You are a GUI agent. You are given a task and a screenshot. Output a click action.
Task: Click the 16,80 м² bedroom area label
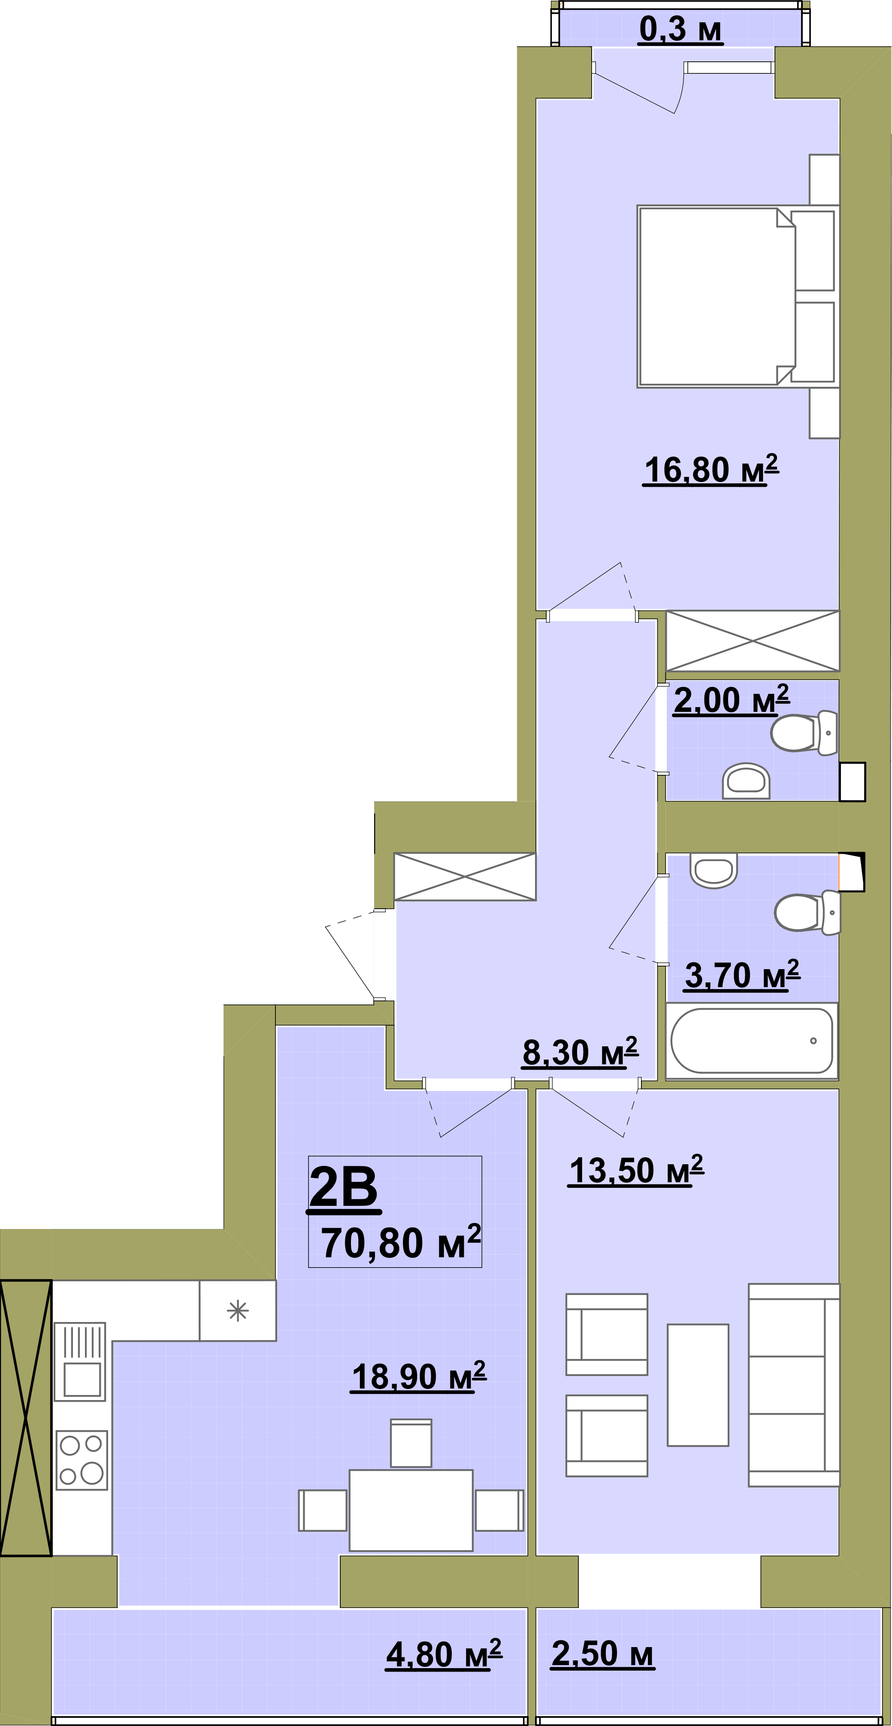click(x=711, y=469)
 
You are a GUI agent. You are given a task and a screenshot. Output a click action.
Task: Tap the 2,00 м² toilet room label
click(x=731, y=700)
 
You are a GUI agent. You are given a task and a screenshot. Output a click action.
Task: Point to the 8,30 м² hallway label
click(x=581, y=1052)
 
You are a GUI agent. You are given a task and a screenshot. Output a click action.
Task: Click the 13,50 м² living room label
click(x=636, y=1171)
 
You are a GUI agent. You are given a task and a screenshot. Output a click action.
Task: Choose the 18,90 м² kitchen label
click(x=419, y=1377)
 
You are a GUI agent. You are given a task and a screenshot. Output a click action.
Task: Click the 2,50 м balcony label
click(x=602, y=1654)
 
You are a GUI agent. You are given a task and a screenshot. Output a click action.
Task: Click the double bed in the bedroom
click(x=737, y=296)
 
